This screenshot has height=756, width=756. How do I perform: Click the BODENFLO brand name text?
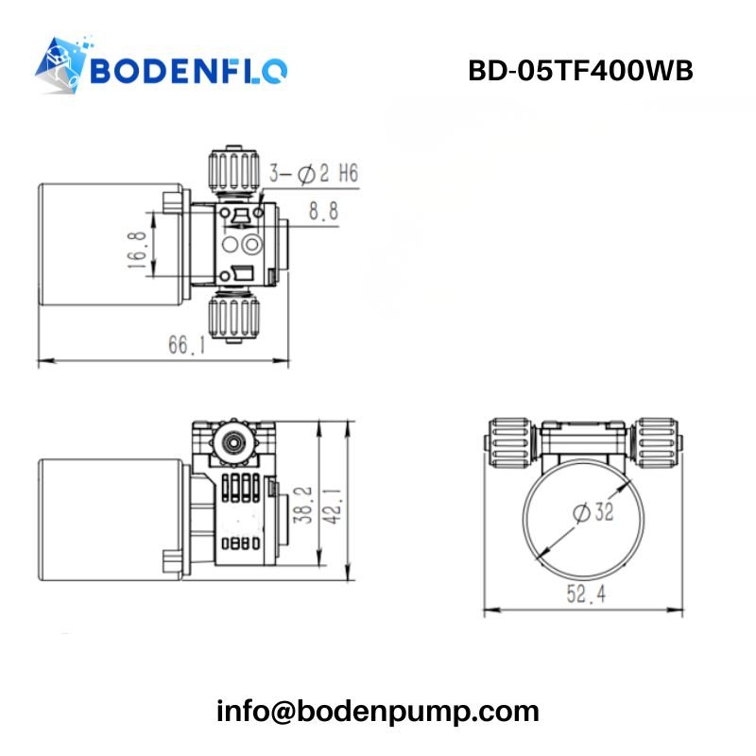point(189,71)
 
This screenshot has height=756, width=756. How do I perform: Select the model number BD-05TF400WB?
point(580,71)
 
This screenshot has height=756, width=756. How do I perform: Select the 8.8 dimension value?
point(323,213)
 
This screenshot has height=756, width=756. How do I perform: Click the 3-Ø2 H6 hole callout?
point(313,173)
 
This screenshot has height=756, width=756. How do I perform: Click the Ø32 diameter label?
point(593,511)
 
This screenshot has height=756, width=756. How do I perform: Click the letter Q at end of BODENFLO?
point(274,71)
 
